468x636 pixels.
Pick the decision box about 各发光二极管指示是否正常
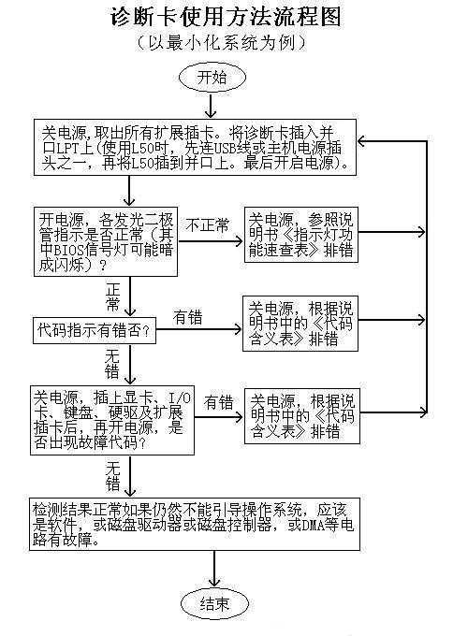click(x=106, y=241)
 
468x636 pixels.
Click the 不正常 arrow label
click(x=209, y=225)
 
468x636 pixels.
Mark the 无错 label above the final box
click(x=112, y=474)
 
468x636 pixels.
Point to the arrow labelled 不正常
click(x=212, y=239)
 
